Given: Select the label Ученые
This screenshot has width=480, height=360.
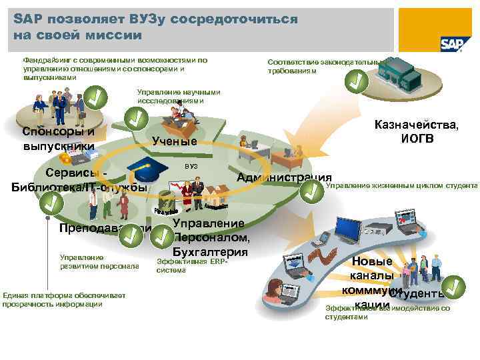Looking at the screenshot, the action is [175, 141].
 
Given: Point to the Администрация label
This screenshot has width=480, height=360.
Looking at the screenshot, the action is [285, 177].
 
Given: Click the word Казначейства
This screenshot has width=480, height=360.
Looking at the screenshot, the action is [416, 125].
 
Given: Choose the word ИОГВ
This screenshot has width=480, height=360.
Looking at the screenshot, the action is [417, 139].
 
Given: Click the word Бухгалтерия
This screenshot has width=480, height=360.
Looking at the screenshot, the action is [210, 251].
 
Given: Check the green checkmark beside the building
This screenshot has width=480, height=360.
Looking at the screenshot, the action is [356, 82].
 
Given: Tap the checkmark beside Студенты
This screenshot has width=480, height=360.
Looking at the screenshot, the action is [453, 286].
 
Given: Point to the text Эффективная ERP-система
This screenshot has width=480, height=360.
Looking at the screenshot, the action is [192, 266].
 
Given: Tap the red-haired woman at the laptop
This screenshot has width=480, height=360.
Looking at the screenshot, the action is [275, 291].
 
